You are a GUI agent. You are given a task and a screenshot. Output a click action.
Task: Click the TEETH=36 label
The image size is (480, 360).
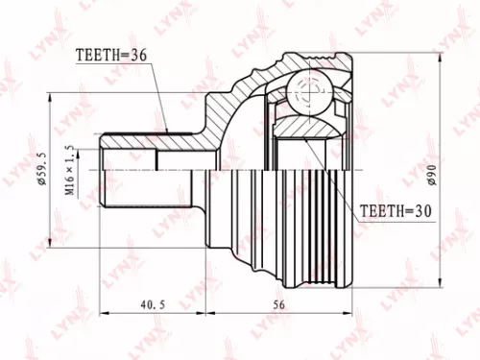click(x=111, y=56)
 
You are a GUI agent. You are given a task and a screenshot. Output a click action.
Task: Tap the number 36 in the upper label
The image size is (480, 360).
click(x=139, y=56)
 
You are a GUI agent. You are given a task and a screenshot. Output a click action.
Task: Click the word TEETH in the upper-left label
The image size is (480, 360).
click(x=95, y=56)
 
